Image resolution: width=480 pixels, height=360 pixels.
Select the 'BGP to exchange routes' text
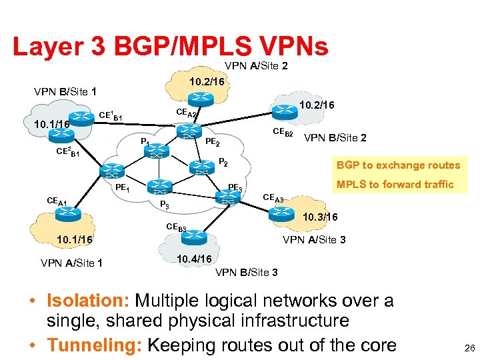pyautogui.click(x=399, y=165)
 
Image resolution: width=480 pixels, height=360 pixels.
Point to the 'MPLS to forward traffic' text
pyautogui.click(x=395, y=184)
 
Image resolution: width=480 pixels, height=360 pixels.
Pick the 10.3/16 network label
pyautogui.click(x=320, y=217)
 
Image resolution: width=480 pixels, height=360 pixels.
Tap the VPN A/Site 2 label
pyautogui.click(x=256, y=66)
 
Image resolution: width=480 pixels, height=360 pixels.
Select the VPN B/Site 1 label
pyautogui.click(x=65, y=91)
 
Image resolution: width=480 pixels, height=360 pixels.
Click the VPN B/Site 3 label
pyautogui.click(x=247, y=272)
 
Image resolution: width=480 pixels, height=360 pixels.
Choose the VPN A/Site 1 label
pyautogui.click(x=71, y=262)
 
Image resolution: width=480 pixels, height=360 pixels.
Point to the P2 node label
pyautogui.click(x=224, y=162)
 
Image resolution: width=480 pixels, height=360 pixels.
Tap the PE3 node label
pyautogui.click(x=235, y=187)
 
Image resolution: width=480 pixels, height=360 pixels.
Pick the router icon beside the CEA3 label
pyautogui.click(x=280, y=213)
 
